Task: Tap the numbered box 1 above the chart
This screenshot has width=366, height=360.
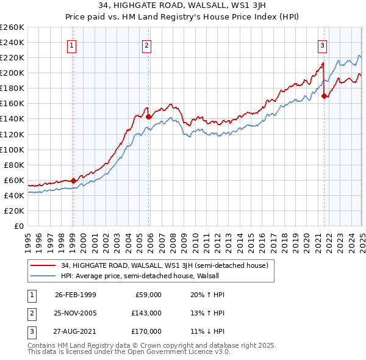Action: [73, 45]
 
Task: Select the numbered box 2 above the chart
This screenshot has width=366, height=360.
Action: [148, 45]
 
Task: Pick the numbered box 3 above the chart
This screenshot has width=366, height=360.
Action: [322, 45]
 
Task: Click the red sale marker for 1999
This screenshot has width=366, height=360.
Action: [73, 181]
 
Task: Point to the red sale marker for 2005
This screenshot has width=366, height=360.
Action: [148, 116]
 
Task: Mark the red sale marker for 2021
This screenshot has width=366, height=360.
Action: [325, 95]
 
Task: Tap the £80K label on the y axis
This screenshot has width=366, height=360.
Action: [15, 165]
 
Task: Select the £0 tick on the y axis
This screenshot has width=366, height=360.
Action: [19, 226]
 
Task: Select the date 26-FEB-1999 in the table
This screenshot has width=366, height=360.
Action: [75, 294]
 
